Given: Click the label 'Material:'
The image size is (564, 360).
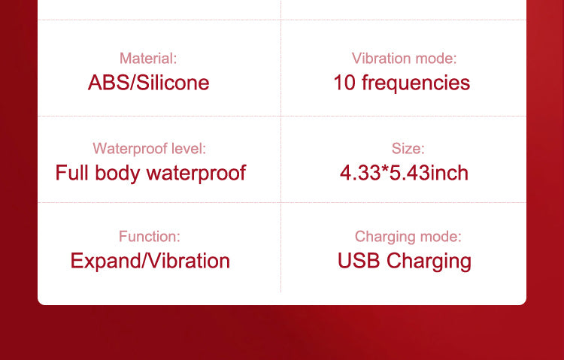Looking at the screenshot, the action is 148,59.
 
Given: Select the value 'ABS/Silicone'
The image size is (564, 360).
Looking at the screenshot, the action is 149,83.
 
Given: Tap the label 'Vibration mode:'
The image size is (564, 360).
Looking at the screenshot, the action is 404,59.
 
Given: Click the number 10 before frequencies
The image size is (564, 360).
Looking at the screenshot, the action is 344,83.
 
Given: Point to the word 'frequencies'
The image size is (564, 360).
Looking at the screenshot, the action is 416,83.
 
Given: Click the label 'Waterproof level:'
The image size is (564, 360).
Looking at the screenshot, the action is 150,149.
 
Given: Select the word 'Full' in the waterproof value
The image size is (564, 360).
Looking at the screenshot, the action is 71,173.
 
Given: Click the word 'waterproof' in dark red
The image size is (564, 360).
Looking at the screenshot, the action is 196,174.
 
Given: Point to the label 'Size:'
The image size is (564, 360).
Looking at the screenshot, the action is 408,149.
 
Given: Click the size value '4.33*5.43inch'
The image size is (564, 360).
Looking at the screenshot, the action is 404,173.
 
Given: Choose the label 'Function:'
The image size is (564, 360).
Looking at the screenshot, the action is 150,236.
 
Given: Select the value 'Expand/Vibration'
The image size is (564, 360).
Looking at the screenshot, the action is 150,261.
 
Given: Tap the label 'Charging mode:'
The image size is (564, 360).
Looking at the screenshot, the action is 408,237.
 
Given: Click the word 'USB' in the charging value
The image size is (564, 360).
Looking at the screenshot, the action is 359,260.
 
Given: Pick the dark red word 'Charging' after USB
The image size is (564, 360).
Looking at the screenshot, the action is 429,262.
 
